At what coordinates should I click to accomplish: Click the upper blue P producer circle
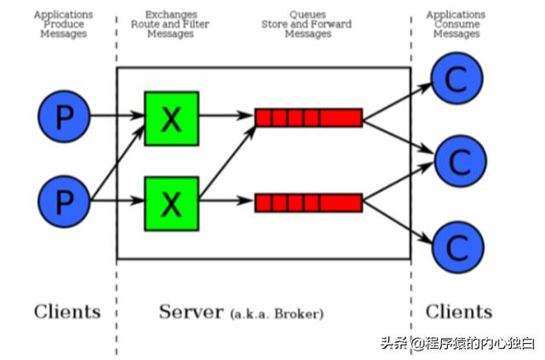coord(64,117)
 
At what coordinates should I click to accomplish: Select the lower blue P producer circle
coord(64,201)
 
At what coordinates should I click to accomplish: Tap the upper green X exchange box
coord(171,117)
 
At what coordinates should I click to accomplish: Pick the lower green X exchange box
coord(171,203)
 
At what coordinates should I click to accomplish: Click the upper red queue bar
coord(309,117)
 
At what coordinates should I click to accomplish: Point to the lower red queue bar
coord(309,203)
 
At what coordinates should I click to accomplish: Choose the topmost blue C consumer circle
coord(457,79)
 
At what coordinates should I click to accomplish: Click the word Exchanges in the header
coord(170,15)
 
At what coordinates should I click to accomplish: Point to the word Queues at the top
coord(307,15)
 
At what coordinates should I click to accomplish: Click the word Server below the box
coord(192,311)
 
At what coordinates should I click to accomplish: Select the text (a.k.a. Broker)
coord(277,314)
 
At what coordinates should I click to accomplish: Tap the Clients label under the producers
coord(67,311)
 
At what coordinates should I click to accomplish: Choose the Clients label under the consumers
coord(459,311)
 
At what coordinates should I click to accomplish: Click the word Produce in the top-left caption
coord(63,25)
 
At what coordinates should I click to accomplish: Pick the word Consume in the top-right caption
coord(456,25)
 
